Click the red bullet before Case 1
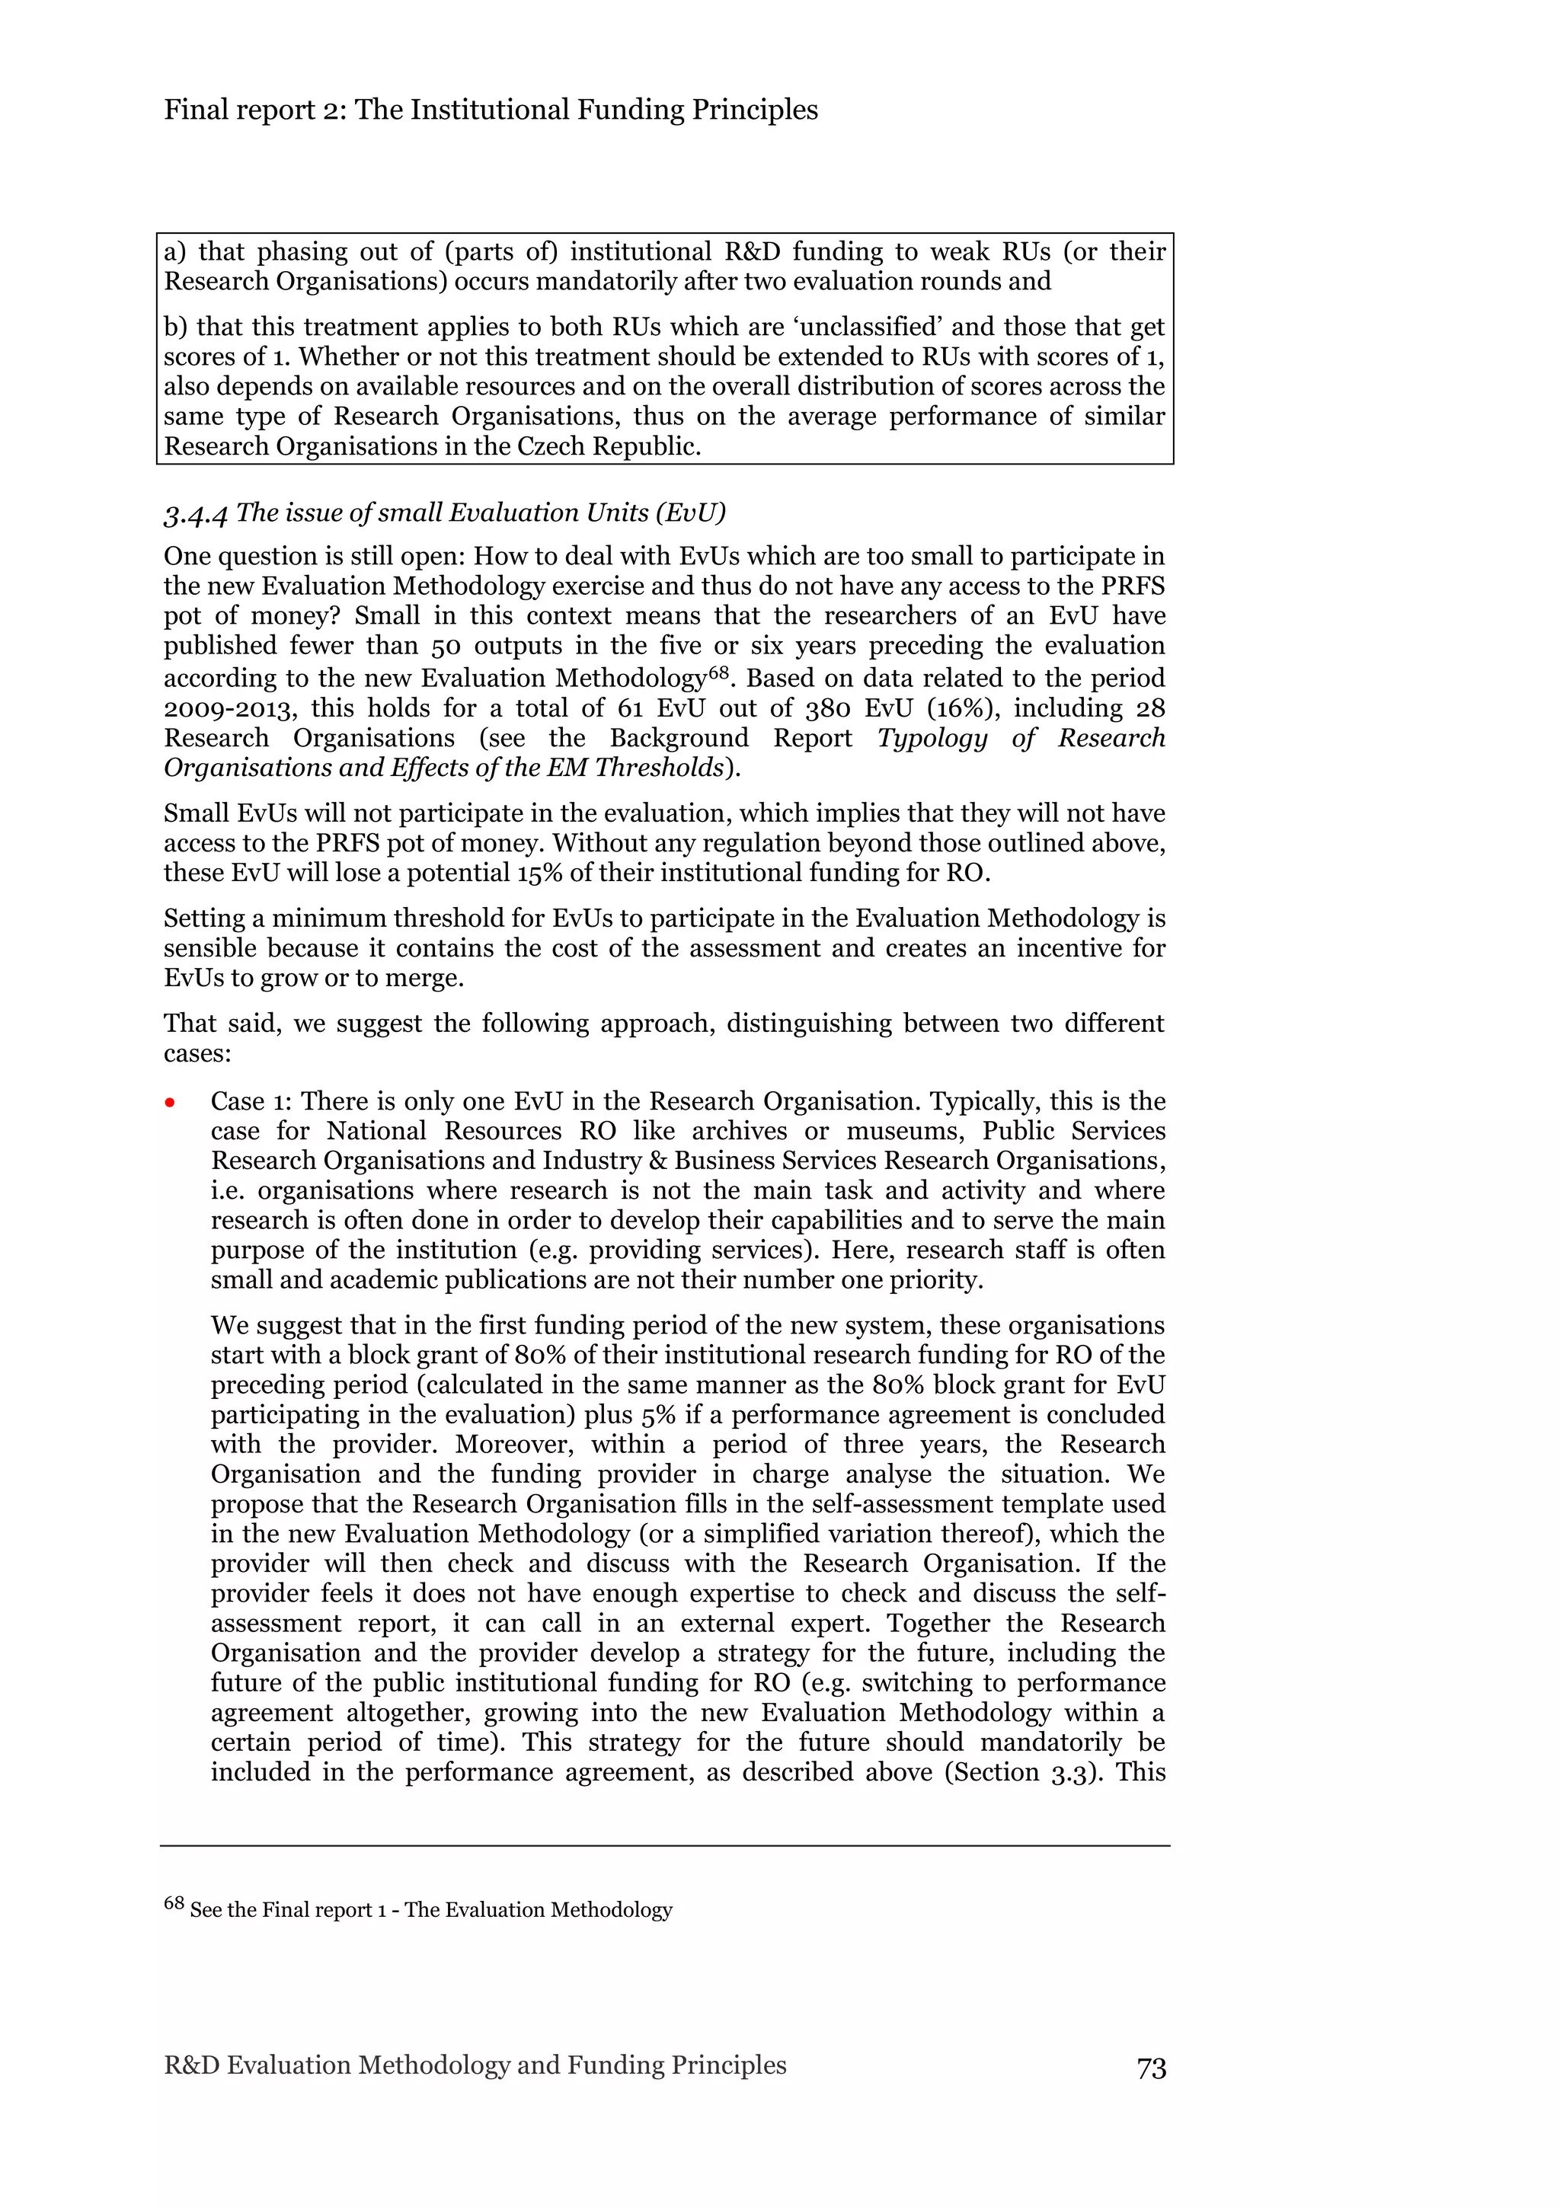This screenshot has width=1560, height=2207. coord(170,1103)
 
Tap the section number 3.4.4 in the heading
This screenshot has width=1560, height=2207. coord(195,514)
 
